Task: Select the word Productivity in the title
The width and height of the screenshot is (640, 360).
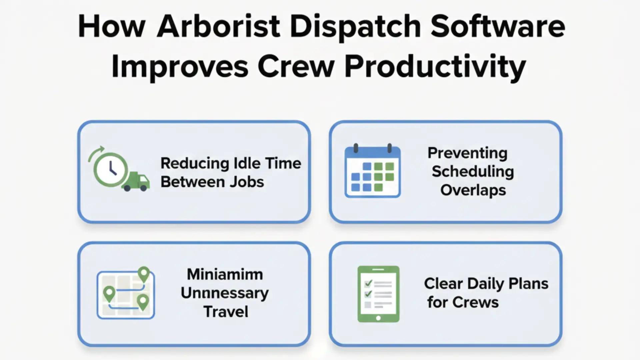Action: pyautogui.click(x=435, y=67)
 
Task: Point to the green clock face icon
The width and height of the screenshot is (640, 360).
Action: pyautogui.click(x=111, y=170)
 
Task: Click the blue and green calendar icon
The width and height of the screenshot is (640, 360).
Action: pyautogui.click(x=373, y=171)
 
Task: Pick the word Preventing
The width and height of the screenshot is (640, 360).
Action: pyautogui.click(x=467, y=153)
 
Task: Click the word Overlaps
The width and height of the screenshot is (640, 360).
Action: pyautogui.click(x=473, y=190)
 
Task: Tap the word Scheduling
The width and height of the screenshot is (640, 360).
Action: pyautogui.click(x=473, y=172)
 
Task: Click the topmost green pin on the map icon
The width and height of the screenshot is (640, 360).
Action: pyautogui.click(x=144, y=274)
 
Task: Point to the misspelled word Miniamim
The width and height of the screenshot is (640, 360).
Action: pyautogui.click(x=225, y=274)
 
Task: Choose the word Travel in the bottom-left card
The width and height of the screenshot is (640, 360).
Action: pyautogui.click(x=226, y=312)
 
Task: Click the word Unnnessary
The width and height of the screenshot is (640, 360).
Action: pyautogui.click(x=225, y=293)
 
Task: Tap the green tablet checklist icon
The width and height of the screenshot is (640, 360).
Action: pyautogui.click(x=378, y=294)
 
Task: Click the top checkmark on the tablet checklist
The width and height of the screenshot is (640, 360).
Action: pyautogui.click(x=368, y=283)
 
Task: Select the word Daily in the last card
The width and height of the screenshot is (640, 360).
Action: pyautogui.click(x=486, y=284)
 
